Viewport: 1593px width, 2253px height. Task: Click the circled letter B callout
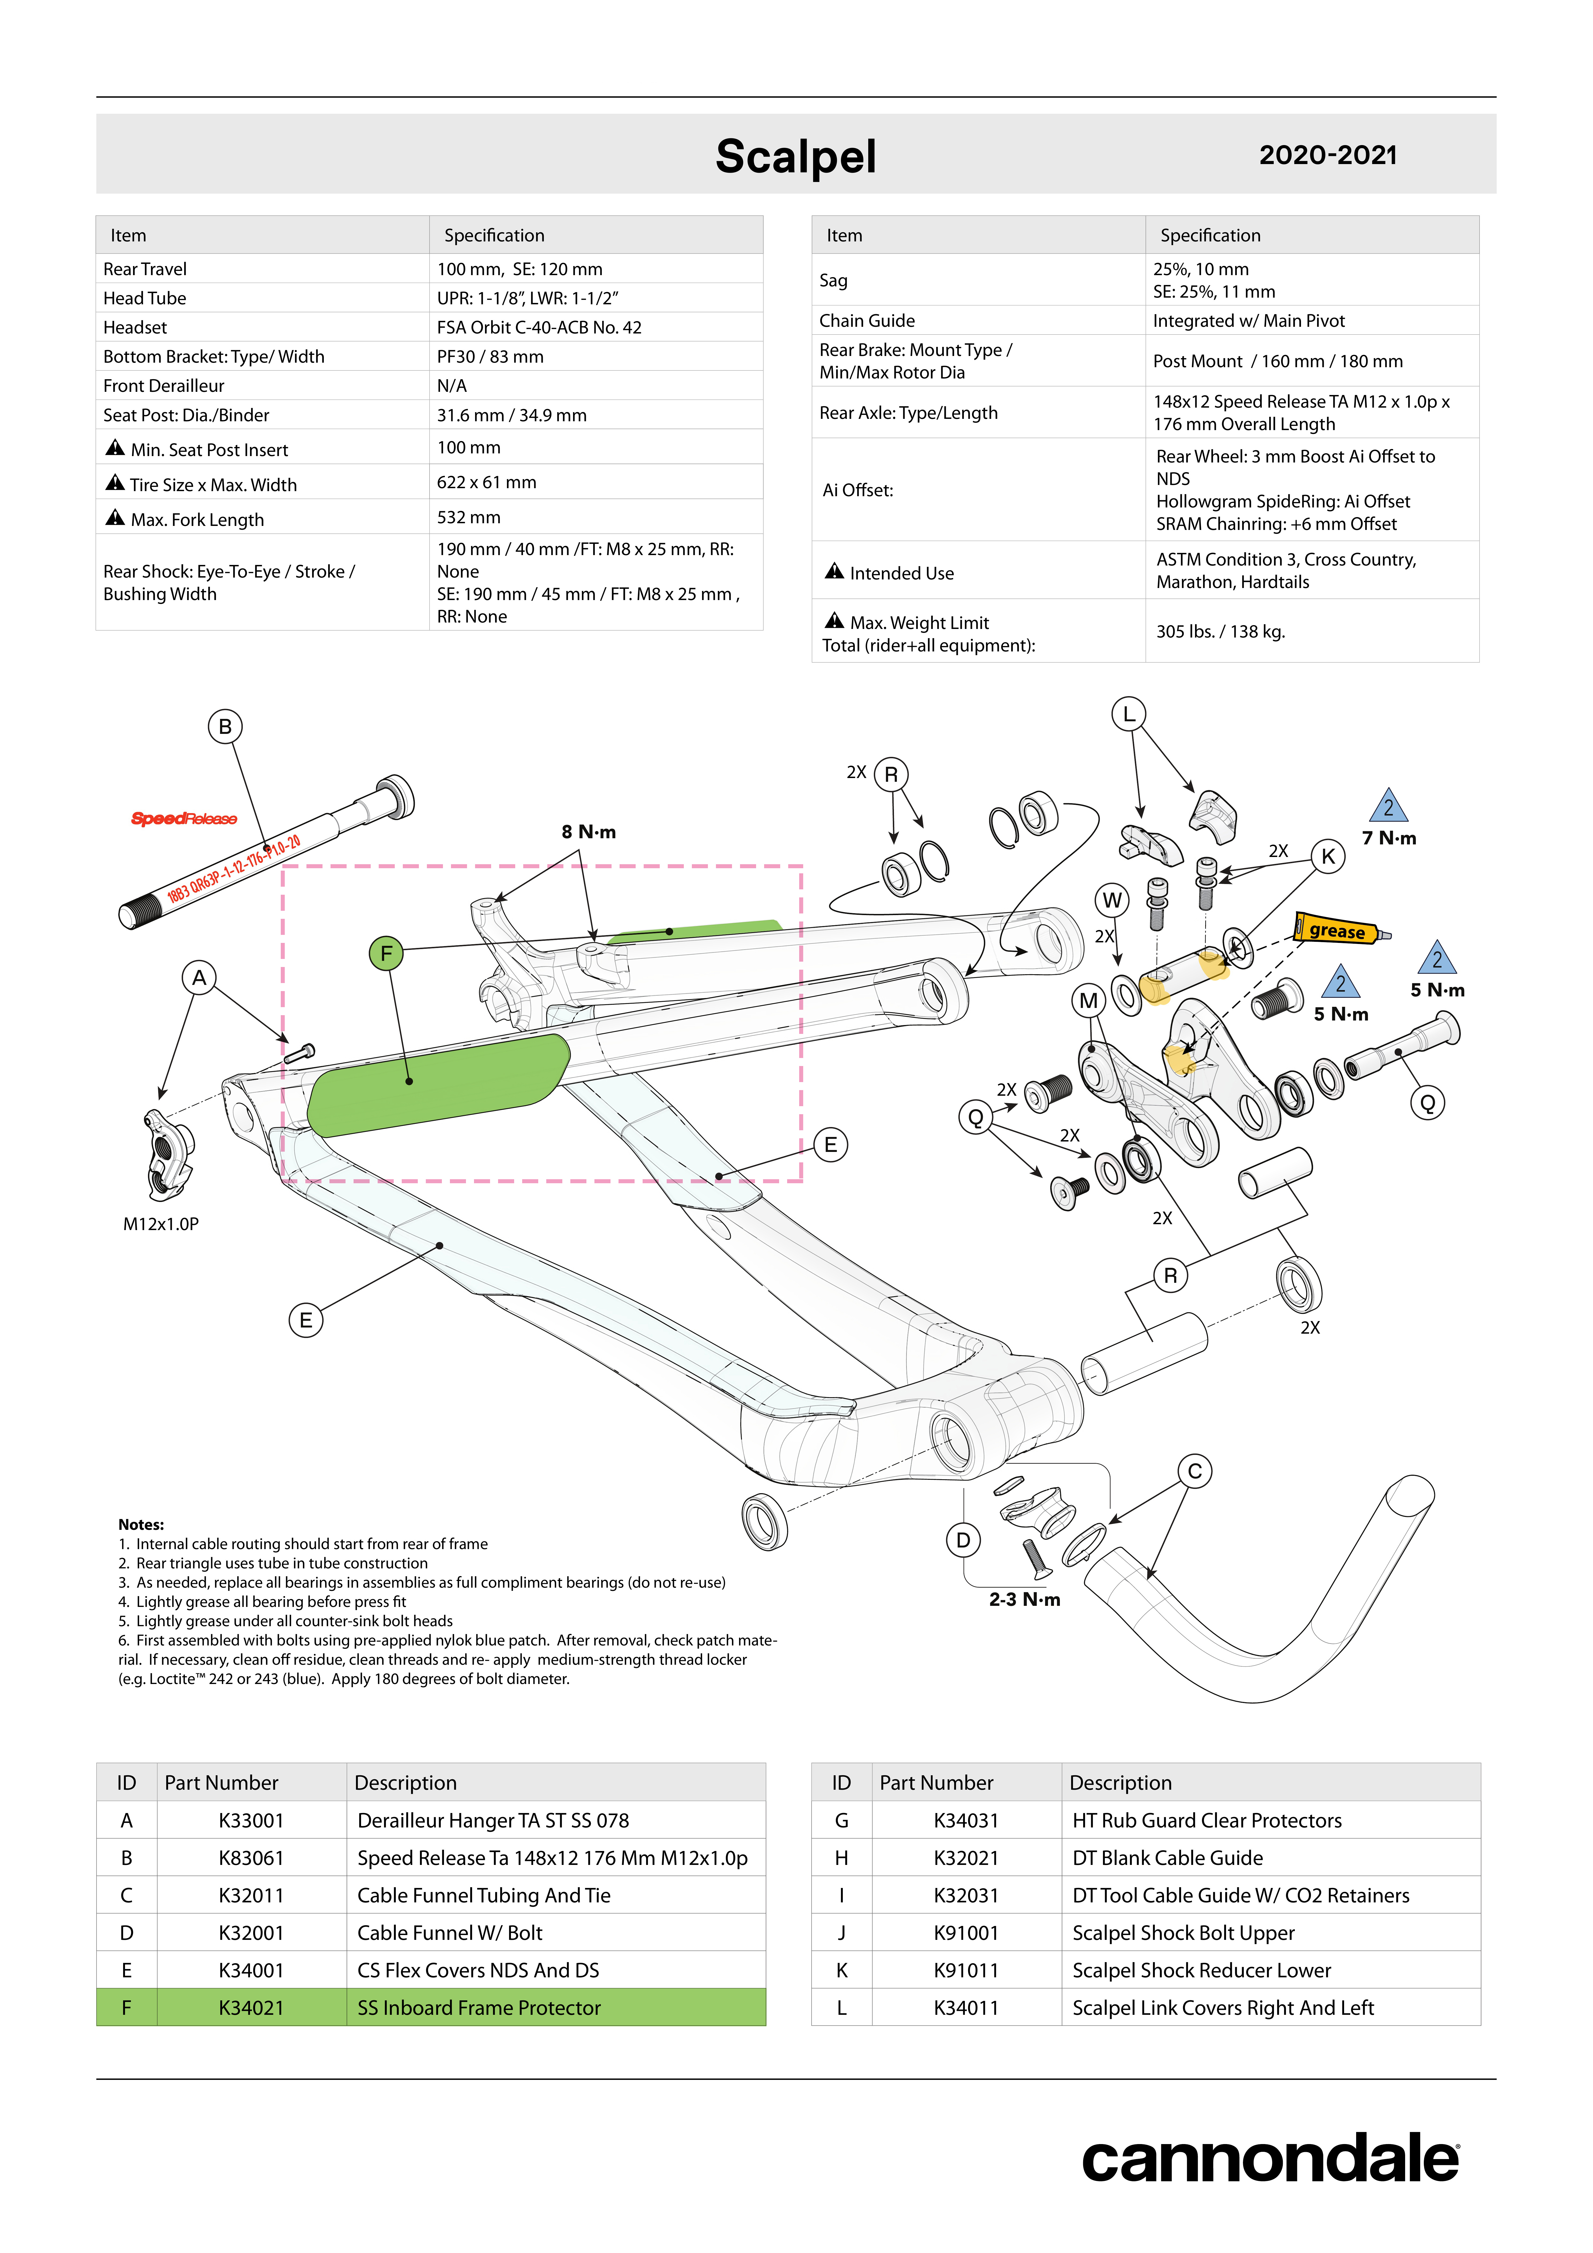[225, 727]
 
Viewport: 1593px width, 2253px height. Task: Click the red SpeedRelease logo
[184, 818]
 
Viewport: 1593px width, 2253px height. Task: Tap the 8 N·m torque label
[589, 832]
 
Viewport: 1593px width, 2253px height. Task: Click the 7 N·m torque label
[1389, 838]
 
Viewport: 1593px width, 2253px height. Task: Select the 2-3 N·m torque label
[1025, 1599]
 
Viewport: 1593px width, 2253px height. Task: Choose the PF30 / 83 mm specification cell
[491, 356]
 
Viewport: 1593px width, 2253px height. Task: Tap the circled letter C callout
[1194, 1471]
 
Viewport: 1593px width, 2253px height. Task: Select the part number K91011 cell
[966, 1970]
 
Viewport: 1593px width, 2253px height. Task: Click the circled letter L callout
[1129, 714]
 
